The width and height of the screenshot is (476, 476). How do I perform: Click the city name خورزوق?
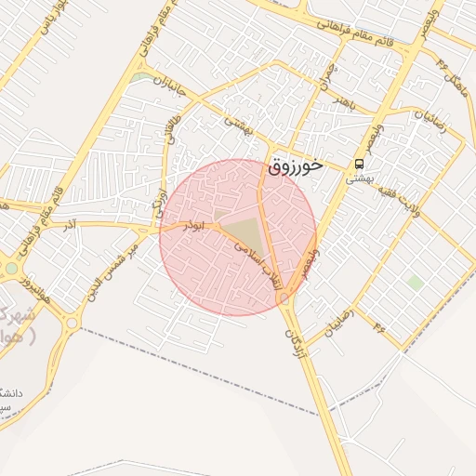[295, 167]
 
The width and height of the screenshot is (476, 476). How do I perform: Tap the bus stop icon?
[358, 164]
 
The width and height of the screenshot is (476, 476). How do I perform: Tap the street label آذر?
[70, 224]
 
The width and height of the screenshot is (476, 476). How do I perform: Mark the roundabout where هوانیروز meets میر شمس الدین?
[71, 323]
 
